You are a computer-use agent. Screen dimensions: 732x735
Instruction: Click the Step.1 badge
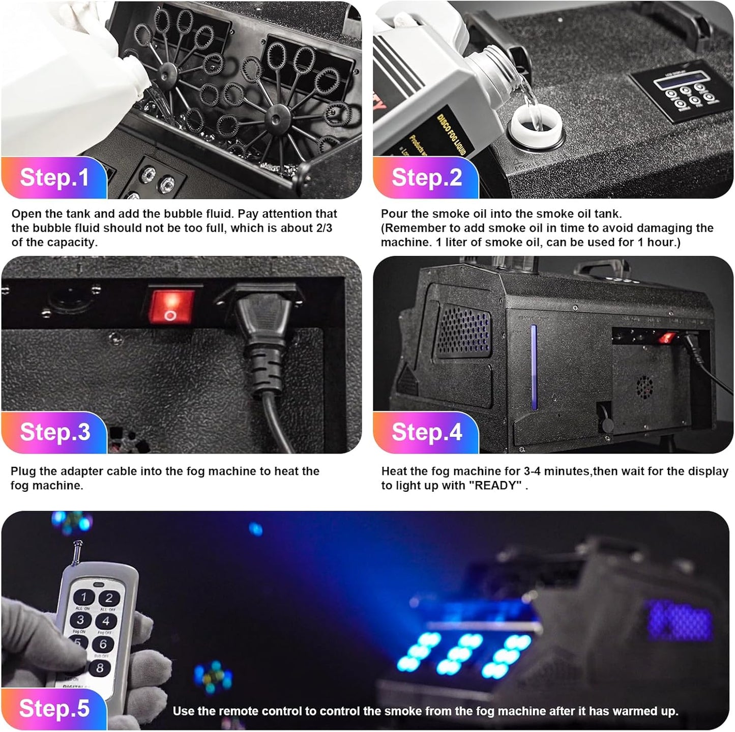(54, 178)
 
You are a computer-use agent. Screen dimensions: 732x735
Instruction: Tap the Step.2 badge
(426, 178)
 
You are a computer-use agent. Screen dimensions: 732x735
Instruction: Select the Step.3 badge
(54, 432)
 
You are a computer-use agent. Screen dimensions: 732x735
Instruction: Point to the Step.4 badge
(426, 432)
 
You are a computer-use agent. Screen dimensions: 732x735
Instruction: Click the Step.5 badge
(54, 709)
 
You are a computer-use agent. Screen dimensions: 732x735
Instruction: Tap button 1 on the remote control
(84, 597)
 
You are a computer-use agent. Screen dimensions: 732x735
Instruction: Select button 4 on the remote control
(106, 621)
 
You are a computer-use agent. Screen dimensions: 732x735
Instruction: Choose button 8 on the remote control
(100, 667)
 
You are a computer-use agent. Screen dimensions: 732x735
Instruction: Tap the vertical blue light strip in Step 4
(534, 367)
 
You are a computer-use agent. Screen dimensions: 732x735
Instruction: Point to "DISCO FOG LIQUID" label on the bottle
(452, 134)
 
